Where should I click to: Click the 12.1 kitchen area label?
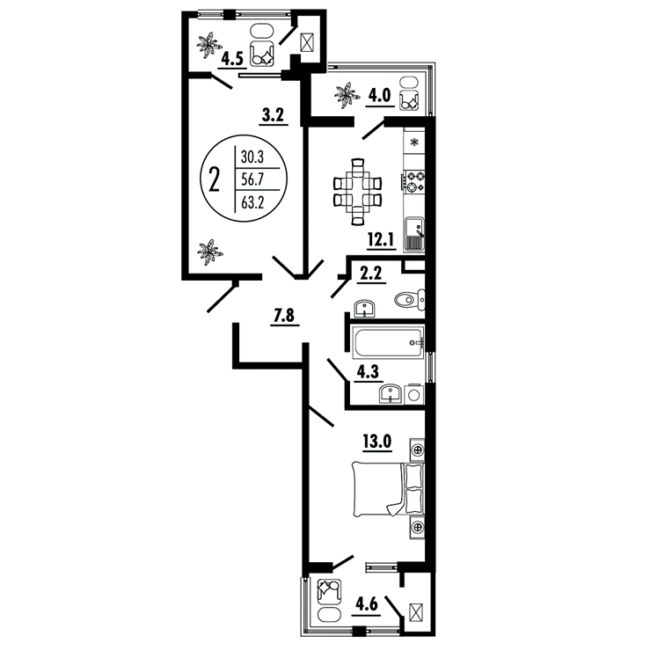pos(381,240)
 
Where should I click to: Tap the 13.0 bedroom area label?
pos(377,442)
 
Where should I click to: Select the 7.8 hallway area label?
pos(284,316)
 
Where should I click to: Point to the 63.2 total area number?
pos(252,202)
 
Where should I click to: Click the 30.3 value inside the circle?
pos(252,157)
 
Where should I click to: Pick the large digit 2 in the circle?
pos(215,179)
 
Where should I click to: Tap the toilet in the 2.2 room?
pos(410,299)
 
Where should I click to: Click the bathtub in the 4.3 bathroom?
pos(388,342)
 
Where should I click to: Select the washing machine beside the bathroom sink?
pos(414,395)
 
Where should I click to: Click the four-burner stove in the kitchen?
pos(414,181)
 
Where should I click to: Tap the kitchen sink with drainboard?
pos(414,234)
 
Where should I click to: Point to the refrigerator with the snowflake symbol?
pos(414,142)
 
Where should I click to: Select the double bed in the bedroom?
pos(388,489)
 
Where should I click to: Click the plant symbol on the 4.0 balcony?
pos(346,96)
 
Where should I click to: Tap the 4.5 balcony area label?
pos(231,59)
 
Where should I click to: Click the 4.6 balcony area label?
pos(367,604)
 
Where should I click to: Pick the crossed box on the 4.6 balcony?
pos(414,613)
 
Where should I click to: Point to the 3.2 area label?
pos(274,115)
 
